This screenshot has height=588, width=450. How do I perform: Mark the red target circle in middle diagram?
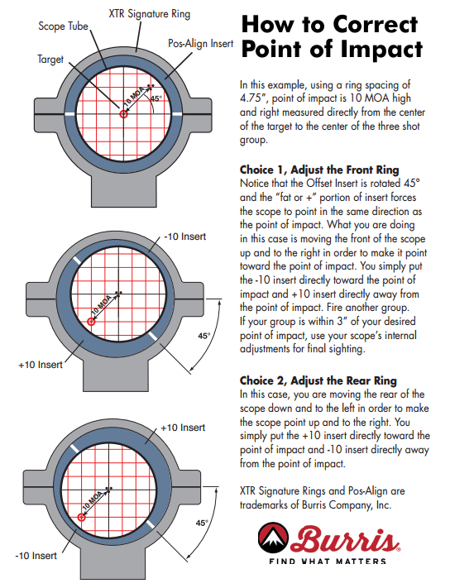point(91,323)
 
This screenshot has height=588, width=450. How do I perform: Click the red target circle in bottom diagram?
point(81,519)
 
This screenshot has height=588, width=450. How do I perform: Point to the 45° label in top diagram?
point(157,98)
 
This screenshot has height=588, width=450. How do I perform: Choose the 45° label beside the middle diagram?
point(203,336)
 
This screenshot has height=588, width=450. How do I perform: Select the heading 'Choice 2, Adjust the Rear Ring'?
point(316,380)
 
